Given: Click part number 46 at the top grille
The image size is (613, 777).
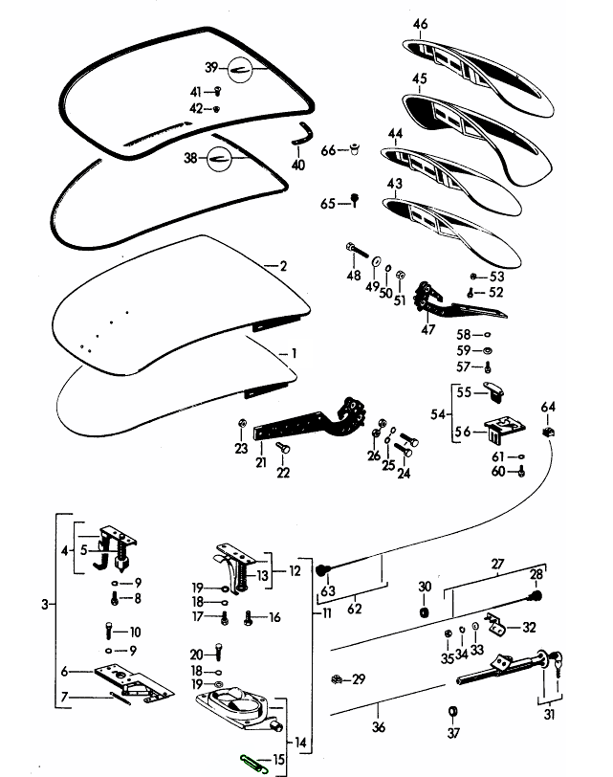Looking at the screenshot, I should coord(420,24).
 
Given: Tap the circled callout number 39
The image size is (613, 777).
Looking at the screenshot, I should coord(211,67).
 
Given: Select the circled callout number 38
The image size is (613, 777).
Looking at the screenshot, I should coord(191,159).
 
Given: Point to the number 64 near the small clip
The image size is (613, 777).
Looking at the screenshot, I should coord(548,408).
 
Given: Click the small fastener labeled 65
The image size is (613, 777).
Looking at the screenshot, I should coord(355,200).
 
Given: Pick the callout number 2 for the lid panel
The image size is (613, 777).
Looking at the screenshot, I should coord(282,265).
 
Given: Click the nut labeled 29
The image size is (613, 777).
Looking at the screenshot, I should coord(336,679).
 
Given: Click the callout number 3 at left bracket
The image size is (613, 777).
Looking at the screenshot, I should coord(46,604).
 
